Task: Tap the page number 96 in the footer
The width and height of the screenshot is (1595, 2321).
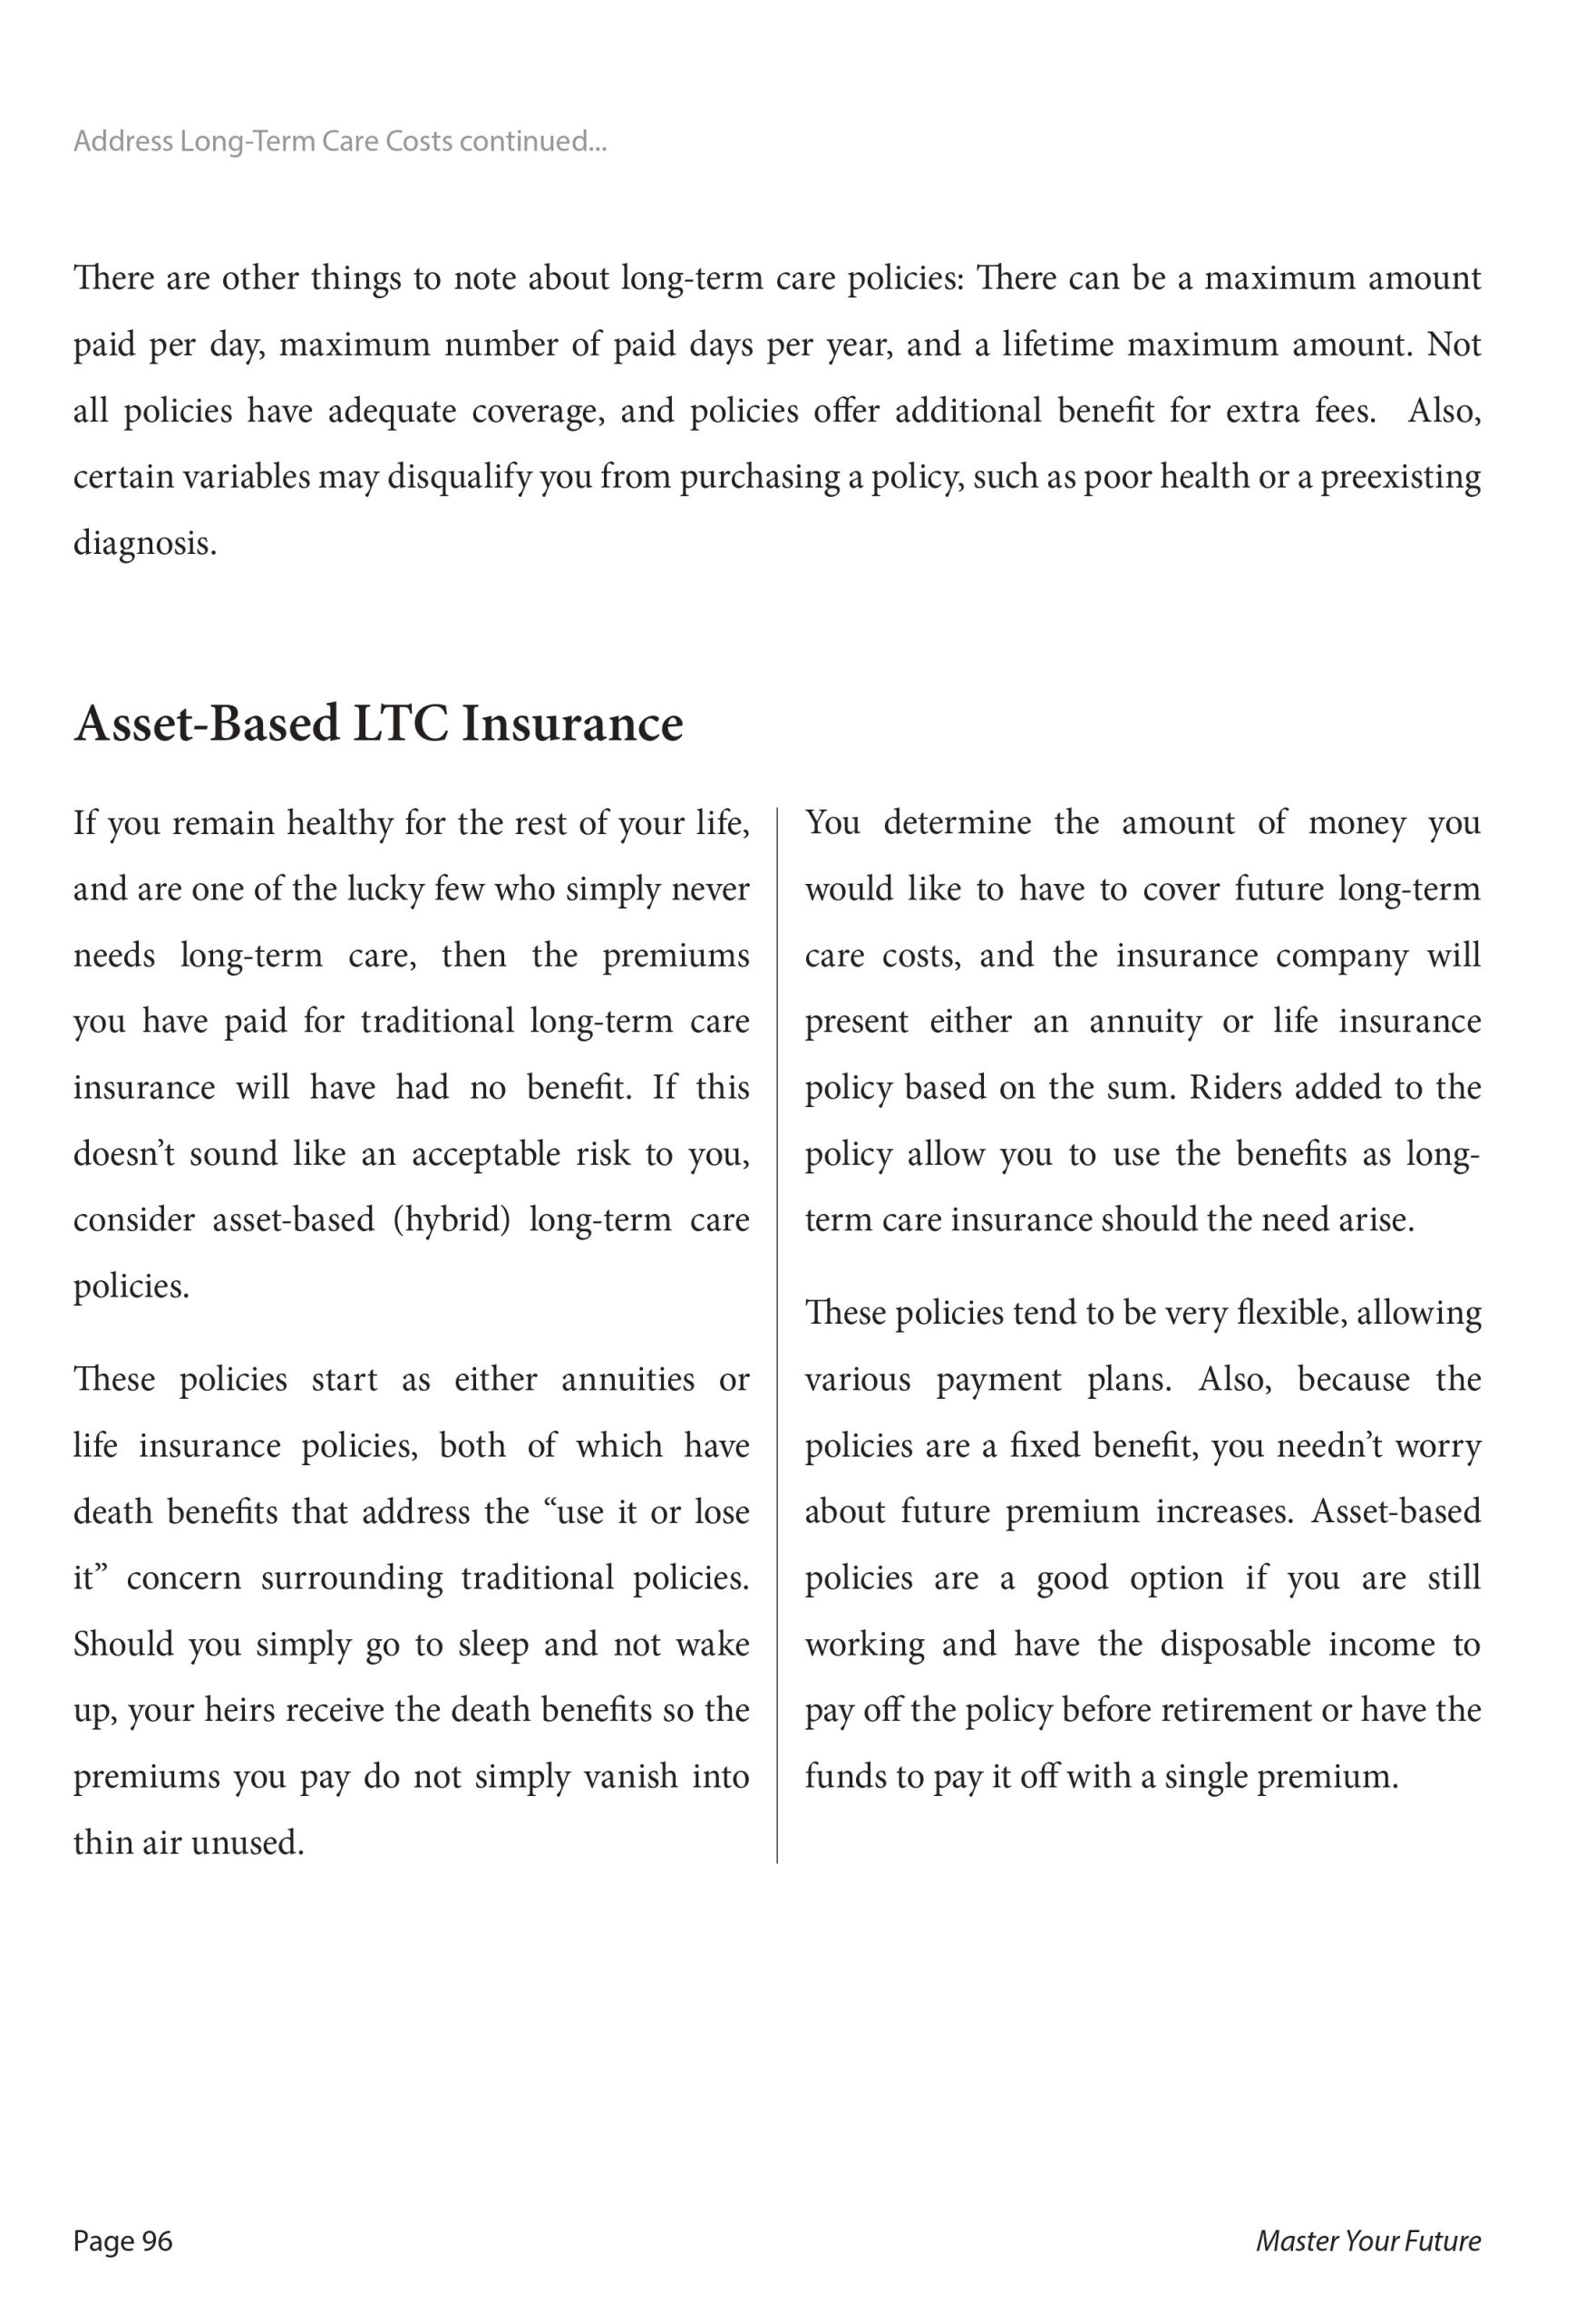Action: (157, 2241)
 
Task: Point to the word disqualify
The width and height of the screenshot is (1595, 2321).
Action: (459, 478)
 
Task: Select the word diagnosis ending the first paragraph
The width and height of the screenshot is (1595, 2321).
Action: (143, 545)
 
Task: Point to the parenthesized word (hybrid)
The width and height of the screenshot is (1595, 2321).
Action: (452, 1220)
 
